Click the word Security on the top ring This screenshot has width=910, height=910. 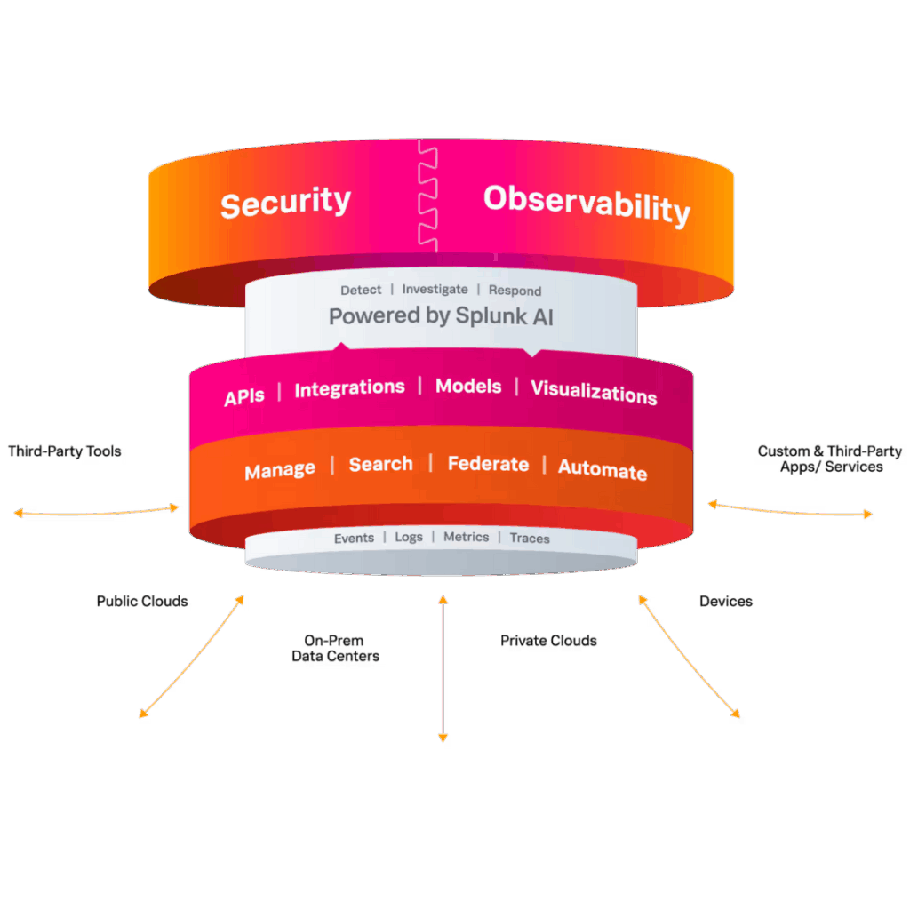(x=285, y=202)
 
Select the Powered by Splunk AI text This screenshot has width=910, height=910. (x=441, y=315)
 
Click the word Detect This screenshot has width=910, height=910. (x=361, y=290)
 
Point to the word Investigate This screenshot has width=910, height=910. (x=435, y=290)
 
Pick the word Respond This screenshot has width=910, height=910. (x=515, y=291)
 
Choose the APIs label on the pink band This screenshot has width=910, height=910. (x=244, y=396)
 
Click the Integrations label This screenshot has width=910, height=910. (x=349, y=388)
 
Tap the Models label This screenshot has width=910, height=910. (x=468, y=387)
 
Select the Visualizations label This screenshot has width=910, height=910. (x=594, y=392)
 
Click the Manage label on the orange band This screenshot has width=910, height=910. (x=280, y=469)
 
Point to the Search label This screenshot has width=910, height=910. (x=380, y=464)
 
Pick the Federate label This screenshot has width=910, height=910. (x=488, y=464)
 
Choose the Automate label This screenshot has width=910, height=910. (x=603, y=470)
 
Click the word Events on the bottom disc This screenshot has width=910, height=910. (x=354, y=539)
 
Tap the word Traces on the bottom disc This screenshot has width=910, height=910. (x=530, y=539)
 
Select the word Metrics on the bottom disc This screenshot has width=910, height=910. (x=466, y=537)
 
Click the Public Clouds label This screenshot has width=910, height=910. (x=142, y=602)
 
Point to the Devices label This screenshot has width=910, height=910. (x=726, y=602)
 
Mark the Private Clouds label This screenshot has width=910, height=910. (x=549, y=641)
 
